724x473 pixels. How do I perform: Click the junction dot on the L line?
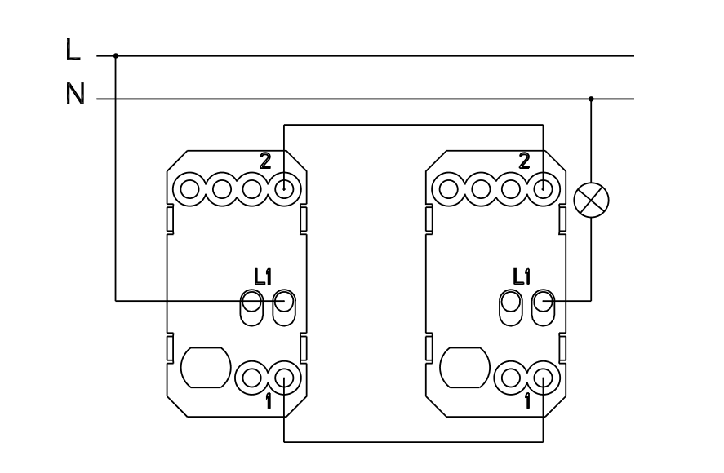click(x=115, y=56)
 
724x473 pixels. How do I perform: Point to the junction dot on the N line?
click(x=592, y=99)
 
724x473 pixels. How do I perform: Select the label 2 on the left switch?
click(x=264, y=161)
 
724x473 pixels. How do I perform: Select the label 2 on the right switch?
click(x=523, y=161)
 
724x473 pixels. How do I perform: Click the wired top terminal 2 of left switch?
click(x=283, y=190)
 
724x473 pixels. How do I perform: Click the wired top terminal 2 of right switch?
click(x=543, y=190)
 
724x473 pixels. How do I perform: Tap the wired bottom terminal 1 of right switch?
click(x=543, y=377)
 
